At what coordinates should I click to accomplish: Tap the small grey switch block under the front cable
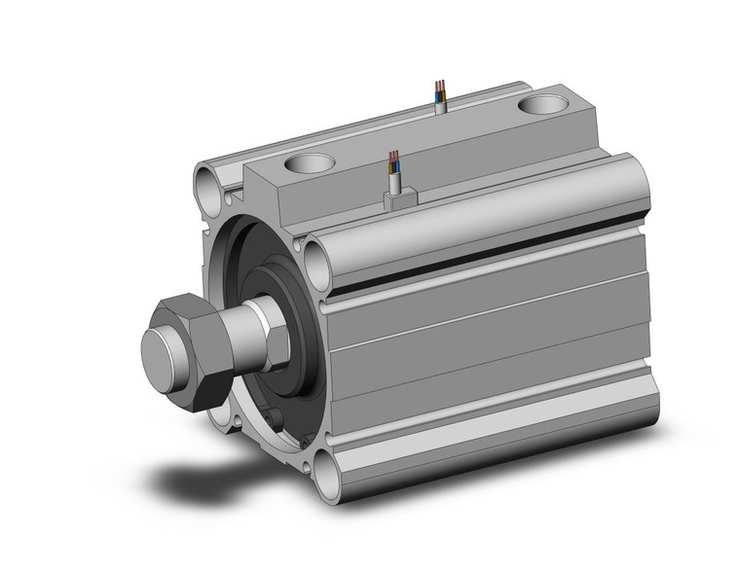[399, 198]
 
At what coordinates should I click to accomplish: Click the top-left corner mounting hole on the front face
[208, 181]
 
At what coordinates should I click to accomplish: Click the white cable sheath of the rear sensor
[440, 104]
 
